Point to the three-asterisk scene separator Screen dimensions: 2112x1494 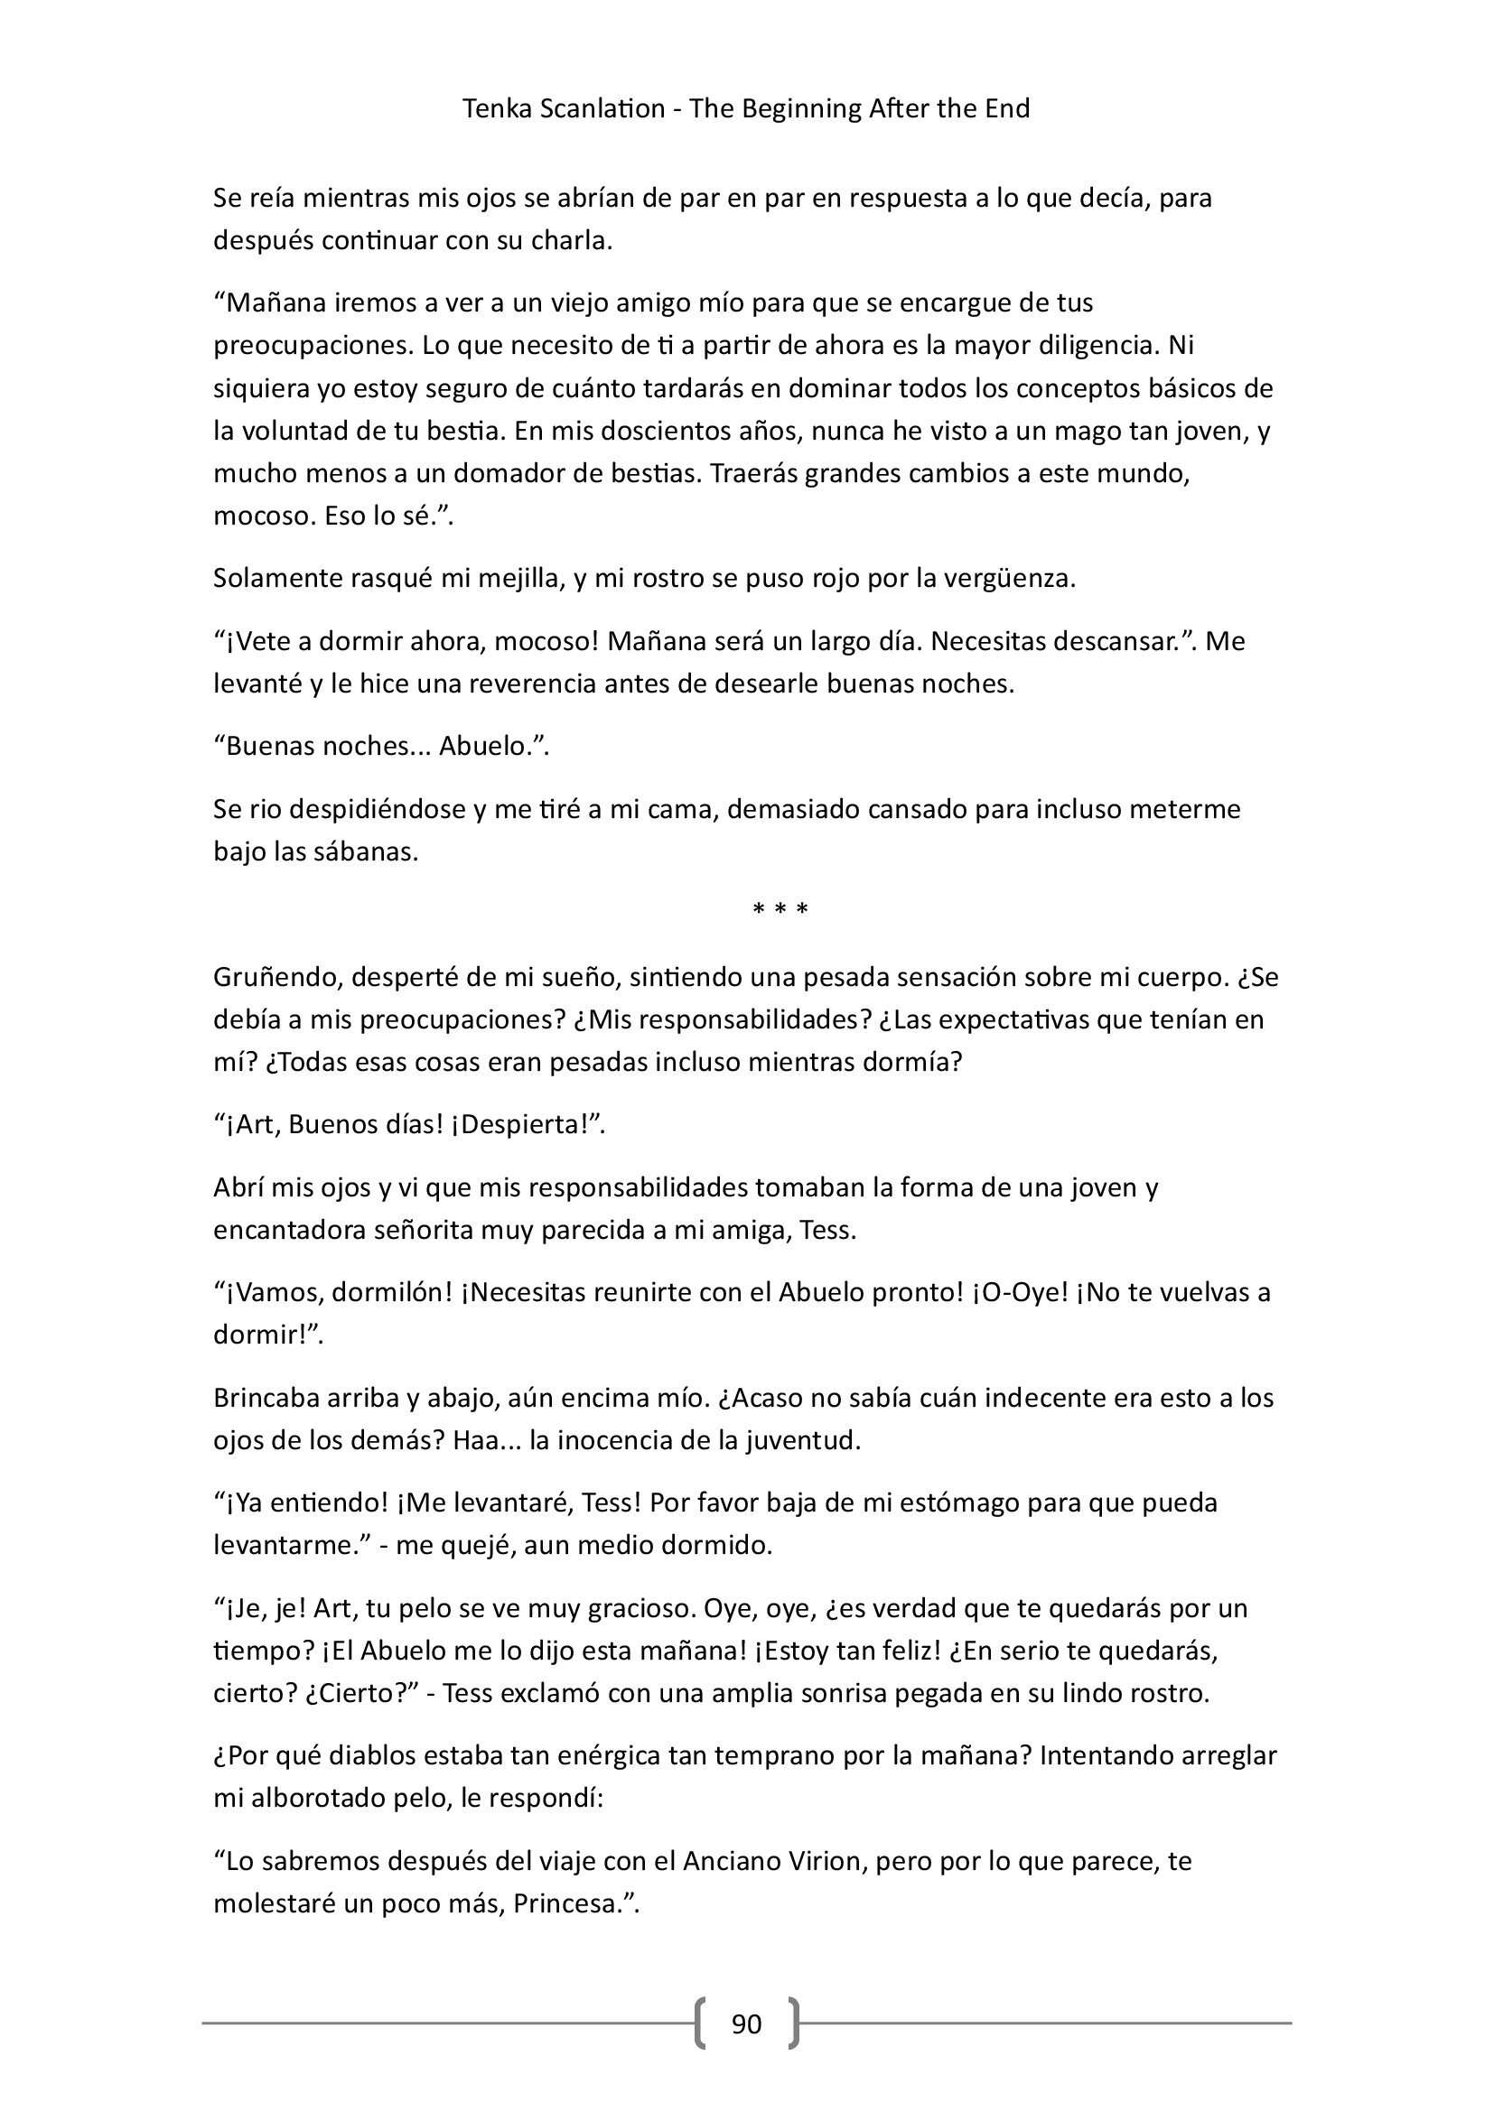tap(780, 911)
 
